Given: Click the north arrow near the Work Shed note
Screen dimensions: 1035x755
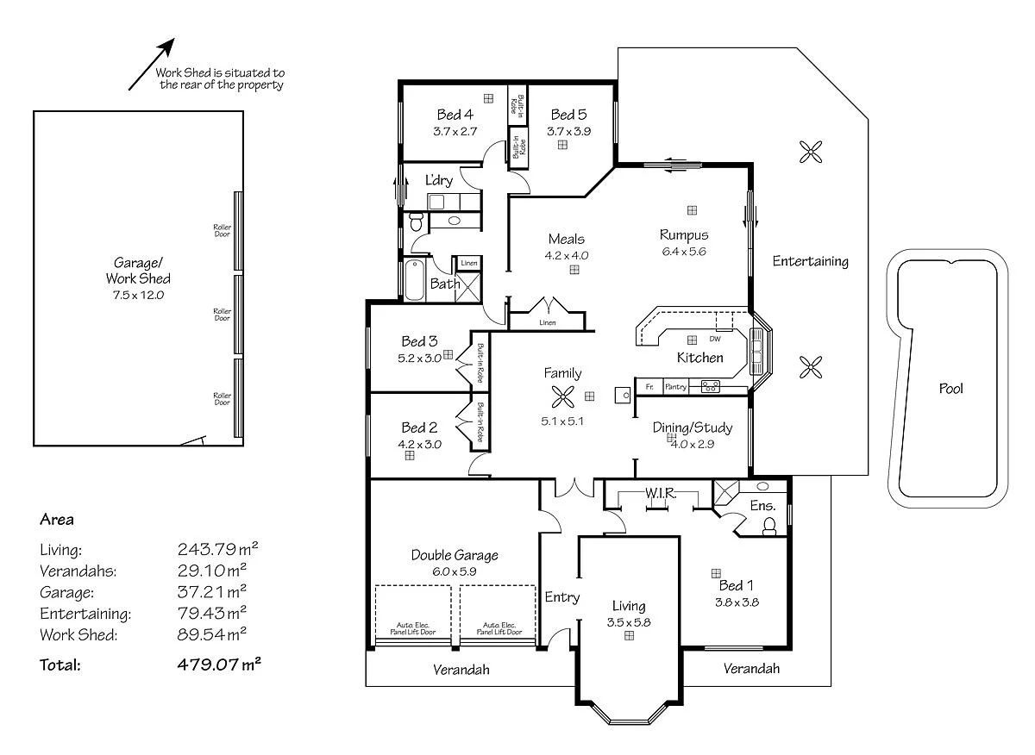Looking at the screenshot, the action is point(152,64).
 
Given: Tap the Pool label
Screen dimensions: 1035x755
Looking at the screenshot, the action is point(951,389).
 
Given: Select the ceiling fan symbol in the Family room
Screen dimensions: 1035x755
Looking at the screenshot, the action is point(562,396).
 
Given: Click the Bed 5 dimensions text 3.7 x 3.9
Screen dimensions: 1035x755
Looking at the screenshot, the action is point(568,131).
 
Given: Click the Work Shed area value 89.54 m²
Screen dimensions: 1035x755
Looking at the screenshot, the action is point(212,635).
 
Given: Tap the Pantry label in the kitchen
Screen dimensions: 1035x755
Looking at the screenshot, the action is point(675,387).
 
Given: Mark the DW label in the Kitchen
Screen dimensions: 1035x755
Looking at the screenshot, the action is point(714,339).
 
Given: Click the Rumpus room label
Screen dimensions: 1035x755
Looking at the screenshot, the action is point(684,234).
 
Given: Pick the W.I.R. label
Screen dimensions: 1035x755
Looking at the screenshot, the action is point(660,493).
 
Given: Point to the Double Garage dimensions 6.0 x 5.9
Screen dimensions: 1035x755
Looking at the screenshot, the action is point(455,571).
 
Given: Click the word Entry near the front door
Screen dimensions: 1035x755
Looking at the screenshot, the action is point(562,597).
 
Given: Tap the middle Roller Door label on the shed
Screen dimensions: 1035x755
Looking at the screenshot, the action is point(223,315).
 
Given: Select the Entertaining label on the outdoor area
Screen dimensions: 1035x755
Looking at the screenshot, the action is point(810,261).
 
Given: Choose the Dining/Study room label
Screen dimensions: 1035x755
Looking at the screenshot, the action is point(692,427).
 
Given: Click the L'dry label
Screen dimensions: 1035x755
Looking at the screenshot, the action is point(439,181).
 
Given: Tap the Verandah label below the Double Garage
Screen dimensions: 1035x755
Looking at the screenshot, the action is point(461,670).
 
